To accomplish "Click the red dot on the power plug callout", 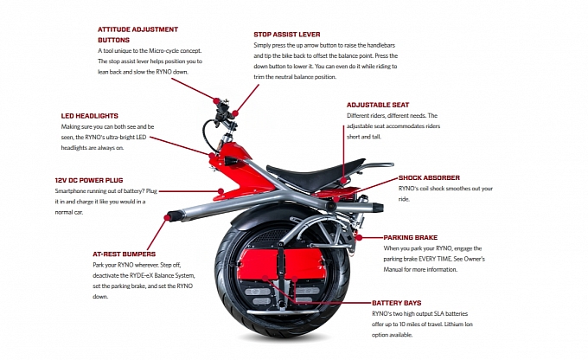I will click(x=220, y=190).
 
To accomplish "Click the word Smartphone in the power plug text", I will click(x=73, y=191).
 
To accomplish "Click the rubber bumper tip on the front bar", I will click(x=174, y=214).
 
